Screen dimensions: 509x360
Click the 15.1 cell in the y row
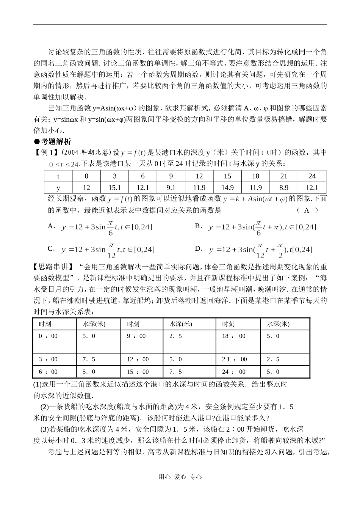[114, 188]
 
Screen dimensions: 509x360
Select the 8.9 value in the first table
[283, 188]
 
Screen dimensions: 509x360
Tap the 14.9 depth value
[227, 188]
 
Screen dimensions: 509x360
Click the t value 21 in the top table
[283, 176]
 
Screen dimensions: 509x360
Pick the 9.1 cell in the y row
[171, 188]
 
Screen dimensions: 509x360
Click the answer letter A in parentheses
[307, 210]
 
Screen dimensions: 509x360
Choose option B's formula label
[198, 226]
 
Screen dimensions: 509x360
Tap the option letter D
[199, 248]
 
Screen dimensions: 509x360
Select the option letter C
[51, 248]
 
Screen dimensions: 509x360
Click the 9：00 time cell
[136, 336]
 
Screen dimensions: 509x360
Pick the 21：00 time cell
[235, 359]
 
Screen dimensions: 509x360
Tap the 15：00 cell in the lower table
[138, 372]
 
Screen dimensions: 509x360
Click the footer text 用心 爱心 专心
[180, 477]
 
